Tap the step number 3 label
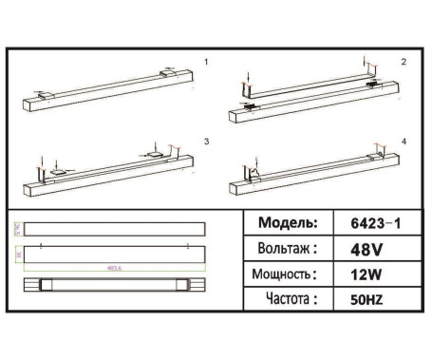[x=206, y=141]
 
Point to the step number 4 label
[x=403, y=141]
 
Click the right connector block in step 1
[x=168, y=71]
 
